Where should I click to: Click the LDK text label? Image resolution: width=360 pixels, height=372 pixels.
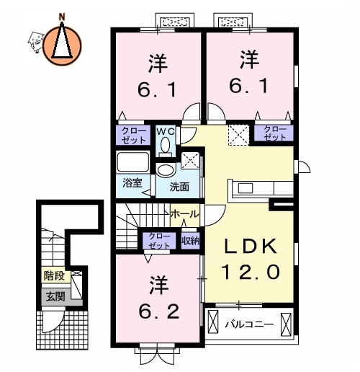[249, 247]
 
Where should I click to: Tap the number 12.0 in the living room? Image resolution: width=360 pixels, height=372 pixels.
[249, 273]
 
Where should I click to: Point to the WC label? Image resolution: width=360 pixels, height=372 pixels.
[166, 131]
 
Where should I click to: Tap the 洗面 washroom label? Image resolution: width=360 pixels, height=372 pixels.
[179, 187]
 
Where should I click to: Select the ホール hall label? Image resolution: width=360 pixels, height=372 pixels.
[185, 214]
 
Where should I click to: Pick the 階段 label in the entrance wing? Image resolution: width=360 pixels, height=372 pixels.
[53, 275]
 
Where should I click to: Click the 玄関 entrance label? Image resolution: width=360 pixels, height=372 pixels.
[53, 296]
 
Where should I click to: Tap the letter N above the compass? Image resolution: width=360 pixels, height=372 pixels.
[62, 14]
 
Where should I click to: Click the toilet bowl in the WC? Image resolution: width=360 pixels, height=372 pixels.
[166, 146]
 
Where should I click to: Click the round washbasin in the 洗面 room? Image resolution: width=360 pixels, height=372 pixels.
[166, 170]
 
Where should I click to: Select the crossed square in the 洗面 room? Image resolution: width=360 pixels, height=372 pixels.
[190, 160]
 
